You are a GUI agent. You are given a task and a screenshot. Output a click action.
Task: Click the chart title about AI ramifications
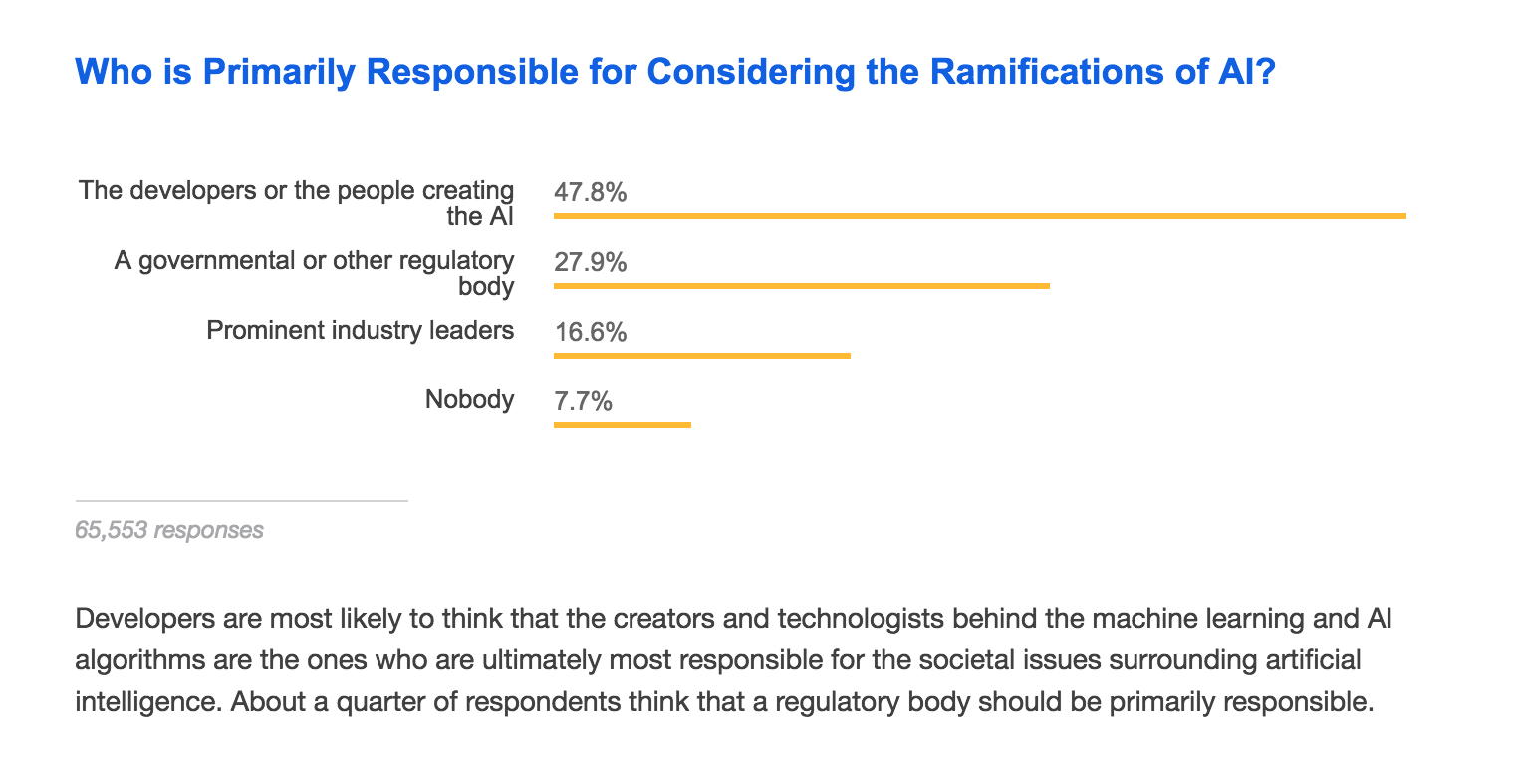(674, 72)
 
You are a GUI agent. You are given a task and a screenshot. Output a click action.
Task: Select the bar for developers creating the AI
(979, 215)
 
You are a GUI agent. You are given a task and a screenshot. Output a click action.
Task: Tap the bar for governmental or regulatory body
(801, 286)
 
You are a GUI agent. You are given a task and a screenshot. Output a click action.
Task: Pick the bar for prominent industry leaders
(701, 355)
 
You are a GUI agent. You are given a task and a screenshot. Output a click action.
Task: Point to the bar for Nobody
(622, 425)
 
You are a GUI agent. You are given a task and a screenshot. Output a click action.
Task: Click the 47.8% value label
(591, 192)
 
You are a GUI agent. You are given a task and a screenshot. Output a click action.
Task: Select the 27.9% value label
(591, 263)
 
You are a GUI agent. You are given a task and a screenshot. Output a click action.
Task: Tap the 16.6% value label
(591, 332)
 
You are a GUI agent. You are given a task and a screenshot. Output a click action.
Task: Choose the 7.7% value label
(583, 402)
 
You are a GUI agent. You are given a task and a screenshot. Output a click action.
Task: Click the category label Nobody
(469, 400)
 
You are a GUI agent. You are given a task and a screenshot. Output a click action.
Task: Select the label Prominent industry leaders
(361, 330)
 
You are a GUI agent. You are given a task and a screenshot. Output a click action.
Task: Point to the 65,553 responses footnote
(169, 530)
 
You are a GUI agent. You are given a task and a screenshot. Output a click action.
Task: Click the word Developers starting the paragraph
(136, 619)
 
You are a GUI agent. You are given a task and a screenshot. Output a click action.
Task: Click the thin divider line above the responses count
(241, 500)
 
